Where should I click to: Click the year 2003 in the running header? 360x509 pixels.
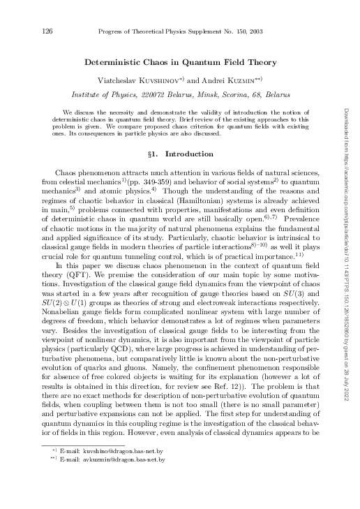pyautogui.click(x=270, y=31)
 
